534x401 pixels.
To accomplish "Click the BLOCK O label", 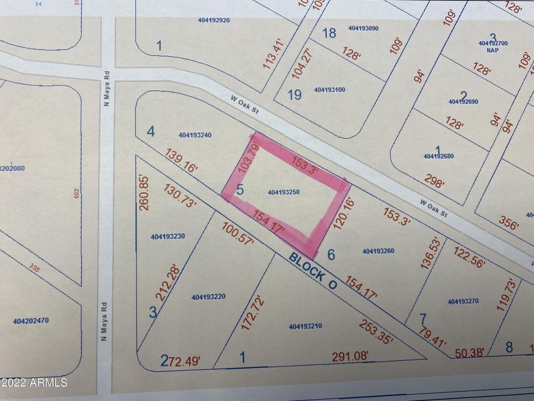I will click(313, 271).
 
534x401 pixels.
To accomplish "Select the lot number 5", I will click(240, 190).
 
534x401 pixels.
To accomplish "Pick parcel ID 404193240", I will click(195, 135).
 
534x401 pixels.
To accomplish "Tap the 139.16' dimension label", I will click(181, 160).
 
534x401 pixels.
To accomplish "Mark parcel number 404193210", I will click(306, 326).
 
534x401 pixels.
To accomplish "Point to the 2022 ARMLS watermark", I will click(34, 382).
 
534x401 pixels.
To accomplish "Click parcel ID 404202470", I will click(31, 321).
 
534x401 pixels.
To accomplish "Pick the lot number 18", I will click(329, 33).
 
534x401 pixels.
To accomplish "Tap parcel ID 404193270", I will click(463, 301).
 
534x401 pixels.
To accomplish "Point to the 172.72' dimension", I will click(248, 313).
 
